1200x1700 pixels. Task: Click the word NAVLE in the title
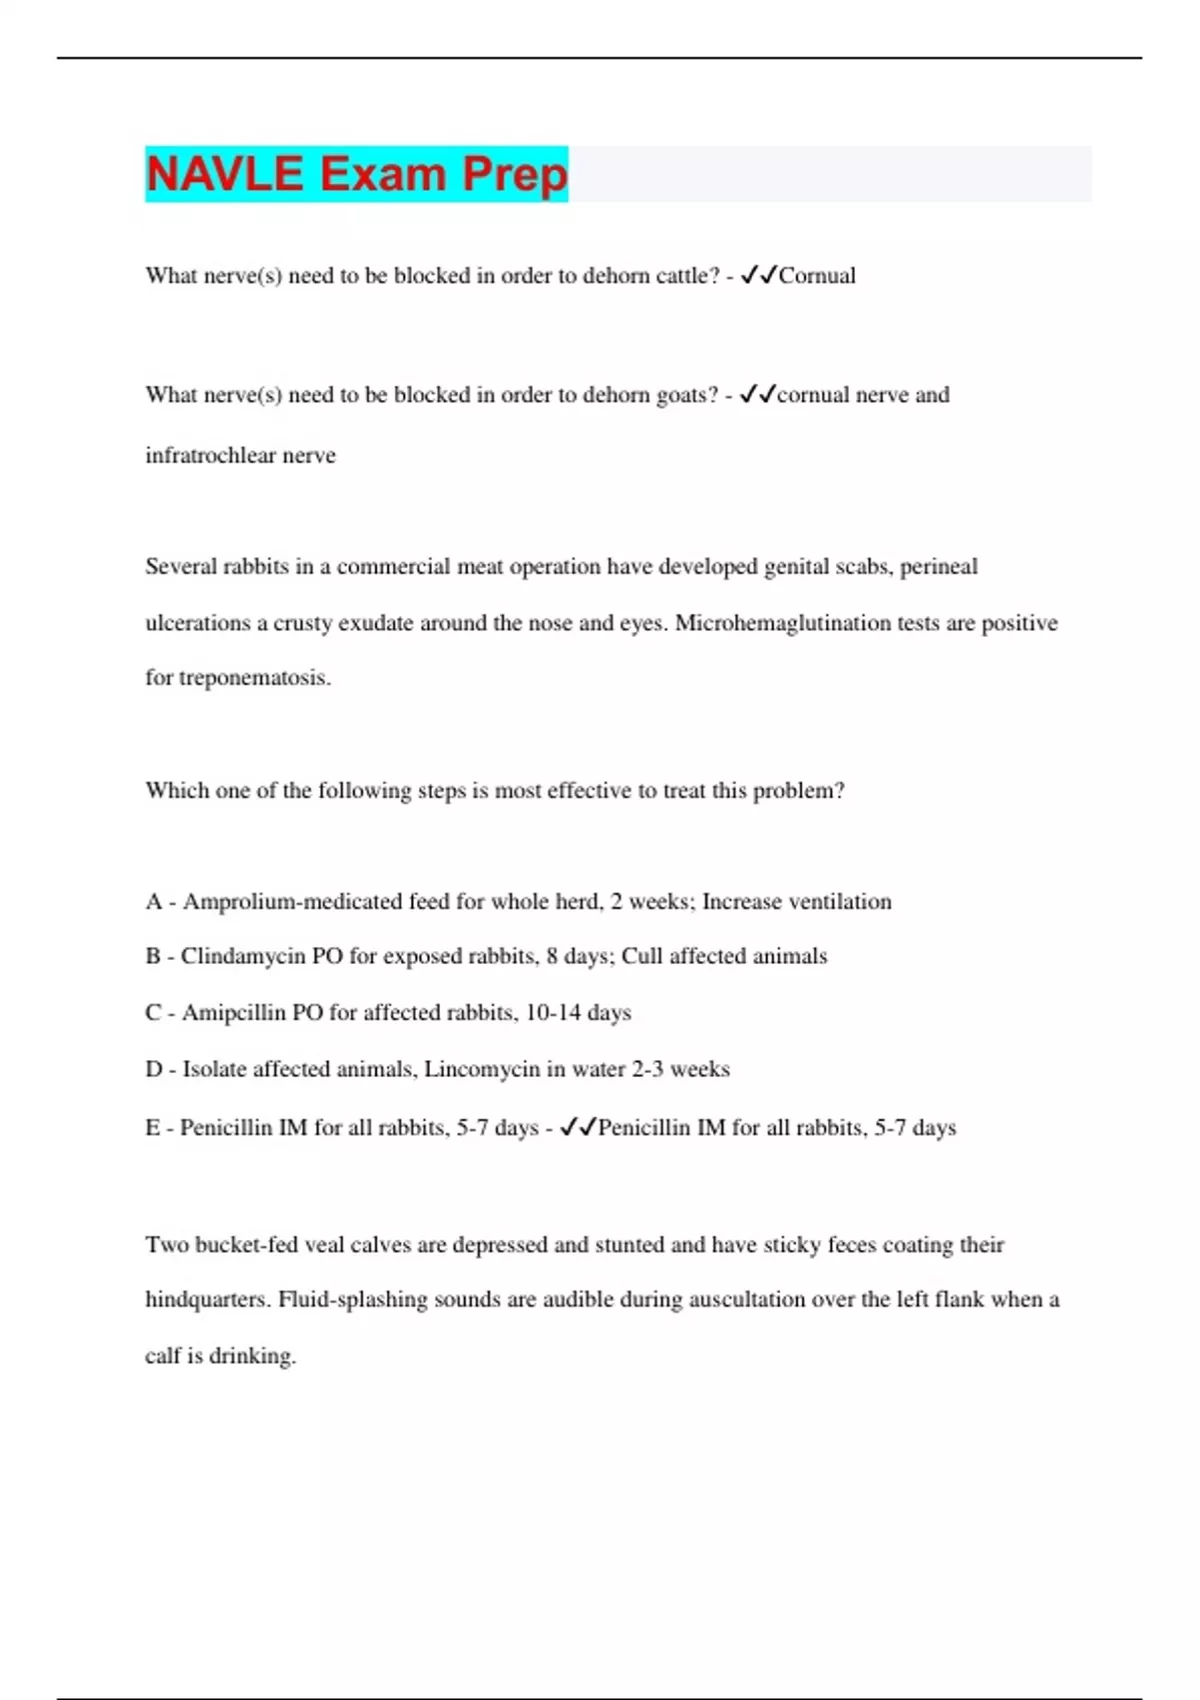224,174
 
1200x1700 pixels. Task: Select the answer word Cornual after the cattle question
817,276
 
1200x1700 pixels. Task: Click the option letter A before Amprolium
153,902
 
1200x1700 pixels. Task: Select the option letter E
152,1128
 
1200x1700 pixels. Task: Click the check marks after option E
578,1128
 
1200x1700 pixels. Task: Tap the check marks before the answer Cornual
759,276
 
